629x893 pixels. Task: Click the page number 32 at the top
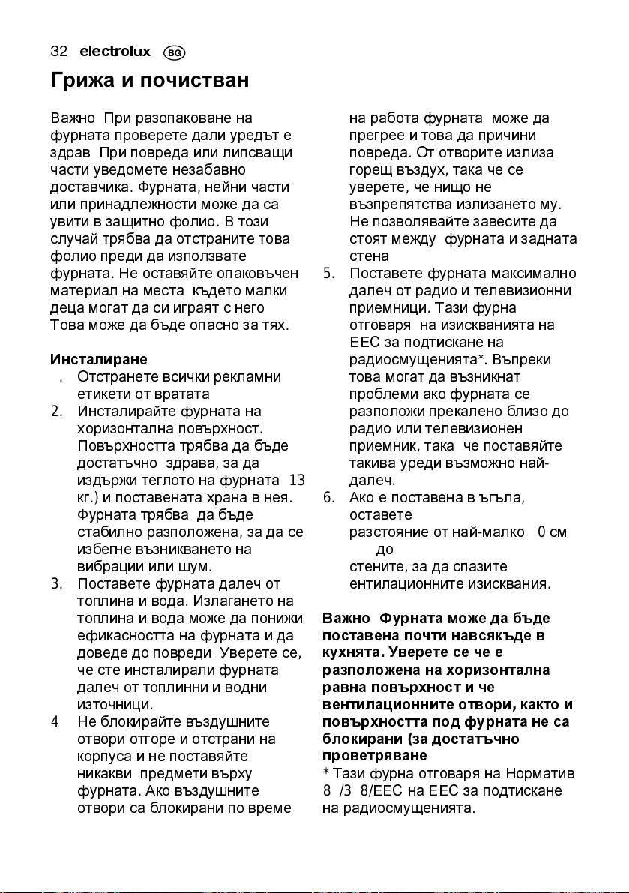[59, 52]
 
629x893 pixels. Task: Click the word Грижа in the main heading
[82, 80]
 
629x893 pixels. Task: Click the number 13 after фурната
[296, 481]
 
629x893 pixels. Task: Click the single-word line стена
[367, 256]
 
